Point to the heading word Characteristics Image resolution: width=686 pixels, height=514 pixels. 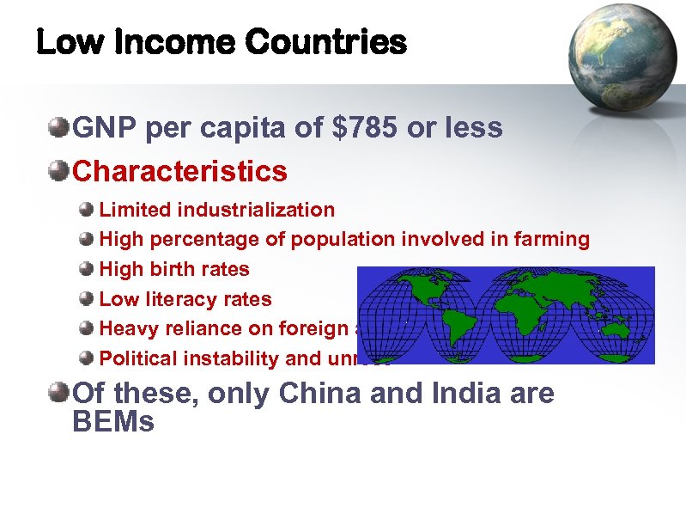coord(180,170)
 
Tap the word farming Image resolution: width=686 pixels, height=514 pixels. coord(554,239)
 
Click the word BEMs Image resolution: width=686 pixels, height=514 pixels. coord(114,422)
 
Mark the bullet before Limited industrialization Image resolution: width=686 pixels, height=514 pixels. coord(86,210)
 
